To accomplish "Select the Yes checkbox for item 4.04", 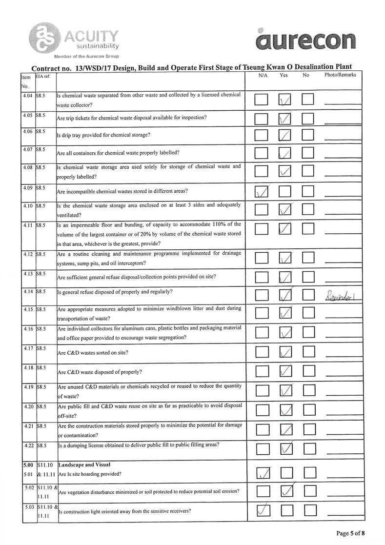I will (x=285, y=100).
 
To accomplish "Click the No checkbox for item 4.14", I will (x=308, y=295).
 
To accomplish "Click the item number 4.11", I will (x=27, y=225).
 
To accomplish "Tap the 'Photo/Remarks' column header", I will (x=340, y=75).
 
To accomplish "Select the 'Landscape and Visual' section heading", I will (x=84, y=464).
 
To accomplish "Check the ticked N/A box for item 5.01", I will (x=263, y=473).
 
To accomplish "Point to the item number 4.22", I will (x=27, y=446).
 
